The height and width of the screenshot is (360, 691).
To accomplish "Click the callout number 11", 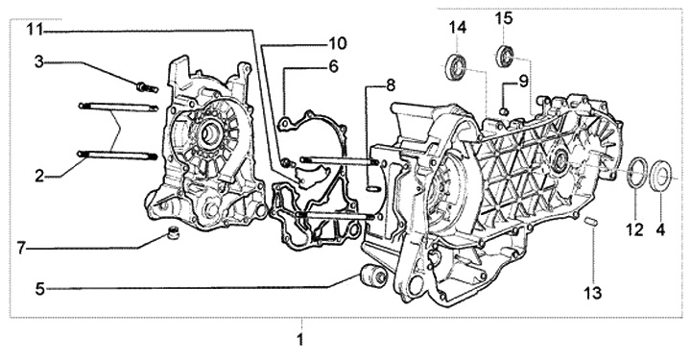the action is pyautogui.click(x=35, y=30).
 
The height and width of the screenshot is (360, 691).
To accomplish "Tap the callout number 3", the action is pyautogui.click(x=39, y=62).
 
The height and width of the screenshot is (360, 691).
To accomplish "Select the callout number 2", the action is pyautogui.click(x=39, y=177).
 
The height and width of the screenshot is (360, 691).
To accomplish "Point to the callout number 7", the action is pyautogui.click(x=22, y=248).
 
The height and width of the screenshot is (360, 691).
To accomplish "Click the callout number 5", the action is pyautogui.click(x=40, y=290).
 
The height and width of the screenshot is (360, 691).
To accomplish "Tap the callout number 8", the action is pyautogui.click(x=391, y=85).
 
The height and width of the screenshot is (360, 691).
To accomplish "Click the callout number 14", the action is pyautogui.click(x=458, y=28).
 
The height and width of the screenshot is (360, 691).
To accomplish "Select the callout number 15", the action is pyautogui.click(x=504, y=19).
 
